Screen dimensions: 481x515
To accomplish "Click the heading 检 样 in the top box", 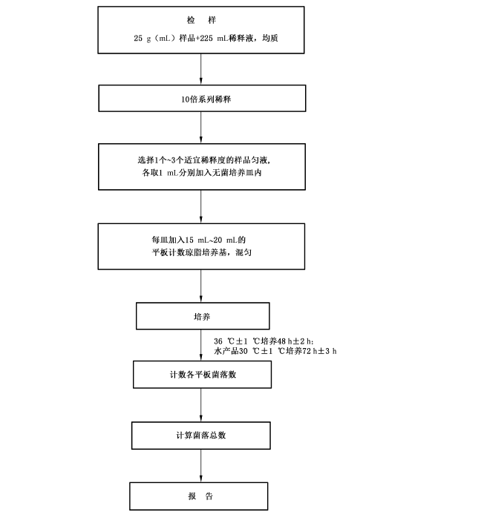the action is [201, 20].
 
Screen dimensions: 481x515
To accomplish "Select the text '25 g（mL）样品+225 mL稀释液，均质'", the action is [206, 38].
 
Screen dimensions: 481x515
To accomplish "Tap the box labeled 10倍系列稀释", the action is [202, 98].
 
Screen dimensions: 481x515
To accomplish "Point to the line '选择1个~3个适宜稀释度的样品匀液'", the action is [204, 160].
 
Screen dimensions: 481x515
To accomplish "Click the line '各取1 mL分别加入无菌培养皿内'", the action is [202, 172].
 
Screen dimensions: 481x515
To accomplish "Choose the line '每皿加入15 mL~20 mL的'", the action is [198, 240].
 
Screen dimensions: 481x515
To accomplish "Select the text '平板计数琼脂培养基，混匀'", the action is [201, 252].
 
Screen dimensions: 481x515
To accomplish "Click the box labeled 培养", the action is [203, 316].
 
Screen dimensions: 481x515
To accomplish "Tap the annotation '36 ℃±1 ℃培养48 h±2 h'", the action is [264, 341].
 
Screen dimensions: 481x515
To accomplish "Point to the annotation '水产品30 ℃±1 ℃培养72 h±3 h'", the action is [275, 351].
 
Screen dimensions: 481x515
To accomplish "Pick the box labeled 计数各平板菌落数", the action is [202, 375].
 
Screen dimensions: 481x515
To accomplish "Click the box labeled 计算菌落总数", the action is [200, 436].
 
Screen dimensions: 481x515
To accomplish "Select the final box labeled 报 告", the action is [198, 496].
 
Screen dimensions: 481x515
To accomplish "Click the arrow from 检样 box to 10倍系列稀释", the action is [201, 69].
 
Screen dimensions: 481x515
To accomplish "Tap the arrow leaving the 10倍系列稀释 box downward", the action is [201, 128].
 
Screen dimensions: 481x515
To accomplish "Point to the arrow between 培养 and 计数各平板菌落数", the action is [201, 345].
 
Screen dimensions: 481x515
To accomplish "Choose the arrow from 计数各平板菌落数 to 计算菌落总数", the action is [201, 405].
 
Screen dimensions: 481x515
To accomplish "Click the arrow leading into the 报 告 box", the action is [201, 466].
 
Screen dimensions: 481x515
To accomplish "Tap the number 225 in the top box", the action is [206, 38].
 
